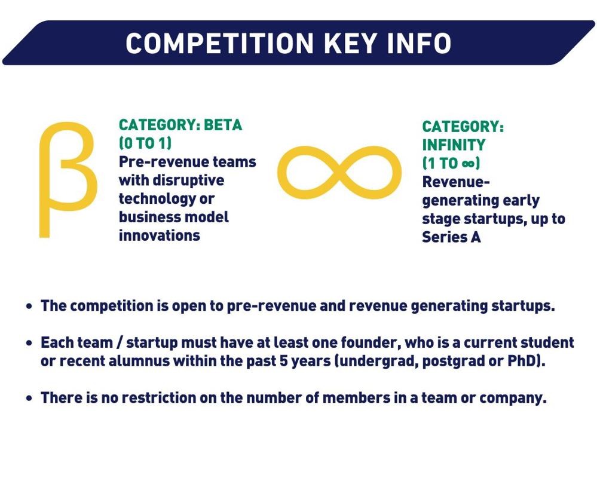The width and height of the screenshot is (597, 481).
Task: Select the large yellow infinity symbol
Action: (339, 173)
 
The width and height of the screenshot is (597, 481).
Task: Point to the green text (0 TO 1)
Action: (145, 143)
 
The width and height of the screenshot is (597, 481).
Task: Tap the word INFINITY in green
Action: (454, 145)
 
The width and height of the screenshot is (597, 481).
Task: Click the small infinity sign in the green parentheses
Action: (467, 164)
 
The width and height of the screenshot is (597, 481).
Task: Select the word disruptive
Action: (188, 180)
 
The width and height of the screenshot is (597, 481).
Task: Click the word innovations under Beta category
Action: (160, 235)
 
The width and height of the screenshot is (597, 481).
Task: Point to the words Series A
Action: (451, 237)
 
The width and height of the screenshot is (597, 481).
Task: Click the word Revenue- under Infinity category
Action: (455, 182)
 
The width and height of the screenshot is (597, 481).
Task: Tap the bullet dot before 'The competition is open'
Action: (29, 307)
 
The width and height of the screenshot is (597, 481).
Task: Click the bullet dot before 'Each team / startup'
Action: (29, 343)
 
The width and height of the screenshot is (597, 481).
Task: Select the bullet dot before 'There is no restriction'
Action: (29, 398)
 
